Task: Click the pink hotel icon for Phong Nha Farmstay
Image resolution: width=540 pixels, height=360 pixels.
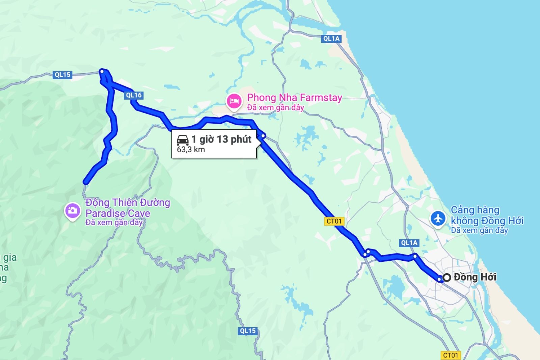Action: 234,101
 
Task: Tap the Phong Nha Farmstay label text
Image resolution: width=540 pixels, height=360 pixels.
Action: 294,98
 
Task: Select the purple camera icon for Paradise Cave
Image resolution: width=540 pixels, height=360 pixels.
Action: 72,211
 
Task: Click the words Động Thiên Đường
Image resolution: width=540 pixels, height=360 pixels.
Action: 128,202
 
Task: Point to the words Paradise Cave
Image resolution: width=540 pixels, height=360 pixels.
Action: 117,213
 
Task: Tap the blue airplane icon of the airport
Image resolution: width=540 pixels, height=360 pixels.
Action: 438,218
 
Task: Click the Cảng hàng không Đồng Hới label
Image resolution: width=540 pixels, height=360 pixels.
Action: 487,215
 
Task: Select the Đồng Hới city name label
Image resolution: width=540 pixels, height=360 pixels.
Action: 475,277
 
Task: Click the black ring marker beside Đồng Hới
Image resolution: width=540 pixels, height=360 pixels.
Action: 447,278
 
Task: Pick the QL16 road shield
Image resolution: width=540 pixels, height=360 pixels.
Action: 134,95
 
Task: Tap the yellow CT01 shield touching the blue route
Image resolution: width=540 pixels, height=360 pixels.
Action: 334,221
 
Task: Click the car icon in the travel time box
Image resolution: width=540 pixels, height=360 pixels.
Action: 183,139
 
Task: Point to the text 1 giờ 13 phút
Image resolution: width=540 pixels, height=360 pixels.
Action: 221,139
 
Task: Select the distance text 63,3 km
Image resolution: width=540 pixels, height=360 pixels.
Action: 191,150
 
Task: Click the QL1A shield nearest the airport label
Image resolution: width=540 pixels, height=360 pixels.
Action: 409,243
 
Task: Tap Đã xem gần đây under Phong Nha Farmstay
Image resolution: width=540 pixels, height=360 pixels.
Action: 275,107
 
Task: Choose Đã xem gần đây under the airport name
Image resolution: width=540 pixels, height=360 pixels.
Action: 479,230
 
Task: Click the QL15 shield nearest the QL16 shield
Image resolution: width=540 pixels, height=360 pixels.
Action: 63,75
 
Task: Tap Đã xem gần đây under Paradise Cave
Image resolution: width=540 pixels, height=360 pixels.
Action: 114,223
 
